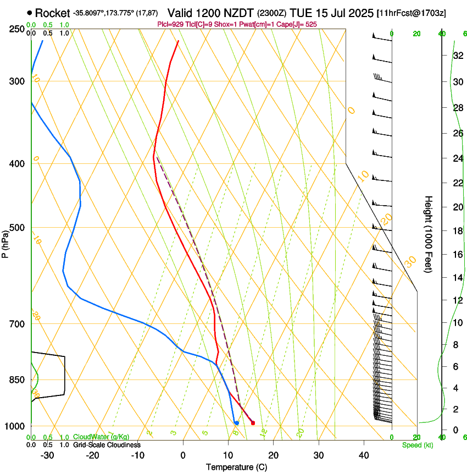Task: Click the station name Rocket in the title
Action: (52, 13)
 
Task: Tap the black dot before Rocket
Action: (29, 12)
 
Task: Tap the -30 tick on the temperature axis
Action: (47, 455)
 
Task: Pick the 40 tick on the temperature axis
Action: (363, 455)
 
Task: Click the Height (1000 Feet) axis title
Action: (429, 234)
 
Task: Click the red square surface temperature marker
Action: (253, 423)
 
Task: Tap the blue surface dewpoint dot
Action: (236, 423)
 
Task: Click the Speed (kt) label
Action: (417, 445)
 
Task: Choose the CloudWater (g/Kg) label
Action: (101, 437)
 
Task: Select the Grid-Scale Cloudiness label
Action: (107, 445)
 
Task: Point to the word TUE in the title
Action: (310, 13)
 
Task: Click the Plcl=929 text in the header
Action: (170, 25)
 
